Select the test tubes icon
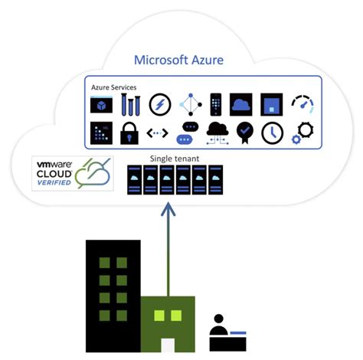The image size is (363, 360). (x=130, y=103)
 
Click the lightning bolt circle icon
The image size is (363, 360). (x=159, y=104)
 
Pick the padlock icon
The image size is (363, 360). (x=130, y=132)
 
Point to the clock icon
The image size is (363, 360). (x=272, y=132)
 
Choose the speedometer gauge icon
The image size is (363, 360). (x=302, y=104)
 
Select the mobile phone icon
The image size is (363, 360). (x=216, y=103)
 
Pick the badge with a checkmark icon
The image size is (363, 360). (x=245, y=132)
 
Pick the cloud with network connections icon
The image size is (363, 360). (x=217, y=132)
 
